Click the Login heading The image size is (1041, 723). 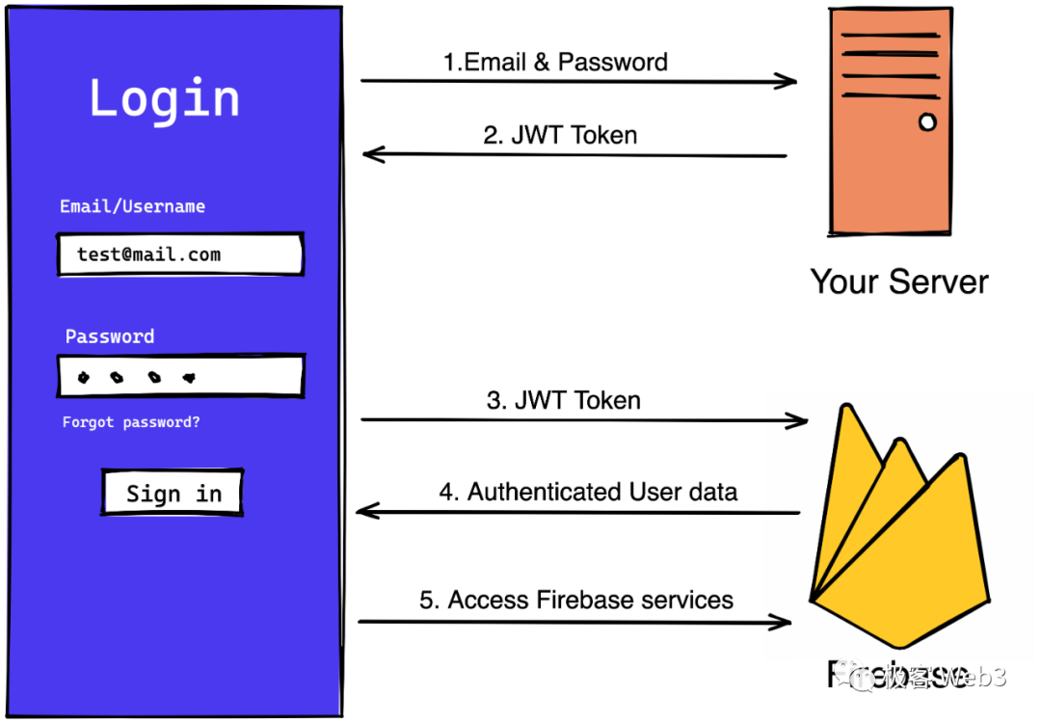164,98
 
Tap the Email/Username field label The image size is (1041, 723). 132,206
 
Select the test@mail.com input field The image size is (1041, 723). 180,254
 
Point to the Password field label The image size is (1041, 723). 109,336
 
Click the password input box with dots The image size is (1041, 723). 180,376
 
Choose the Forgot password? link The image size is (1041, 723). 131,422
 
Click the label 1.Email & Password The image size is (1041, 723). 555,63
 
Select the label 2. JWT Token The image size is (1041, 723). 560,135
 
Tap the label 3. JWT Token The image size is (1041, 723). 563,400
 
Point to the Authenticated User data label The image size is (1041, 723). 588,492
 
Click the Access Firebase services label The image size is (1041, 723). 576,600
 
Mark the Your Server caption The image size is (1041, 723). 898,281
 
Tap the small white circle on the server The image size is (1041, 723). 927,122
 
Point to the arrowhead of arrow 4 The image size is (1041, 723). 366,511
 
